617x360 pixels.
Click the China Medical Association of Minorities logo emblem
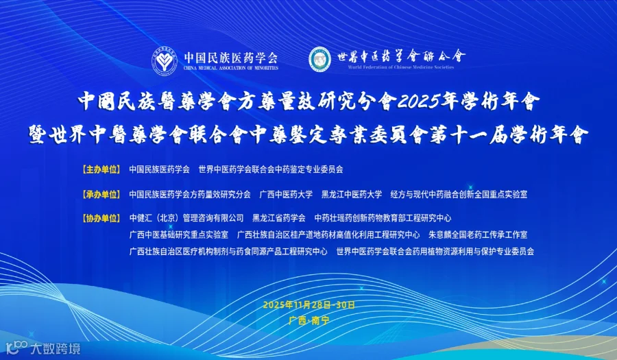(164, 60)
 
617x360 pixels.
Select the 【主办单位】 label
(100, 168)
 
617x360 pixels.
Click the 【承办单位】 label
(100, 194)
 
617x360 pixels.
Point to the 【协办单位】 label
(100, 219)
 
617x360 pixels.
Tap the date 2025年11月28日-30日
(308, 304)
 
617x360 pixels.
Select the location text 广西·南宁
(308, 320)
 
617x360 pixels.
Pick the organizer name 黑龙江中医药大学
(352, 194)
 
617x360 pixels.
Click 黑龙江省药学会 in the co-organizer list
(279, 219)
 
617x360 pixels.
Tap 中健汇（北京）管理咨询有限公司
(186, 219)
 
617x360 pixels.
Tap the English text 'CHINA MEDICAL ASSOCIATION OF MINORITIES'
(230, 69)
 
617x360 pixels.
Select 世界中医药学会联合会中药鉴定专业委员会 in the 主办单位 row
(270, 168)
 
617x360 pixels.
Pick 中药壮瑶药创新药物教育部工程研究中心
(383, 219)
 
